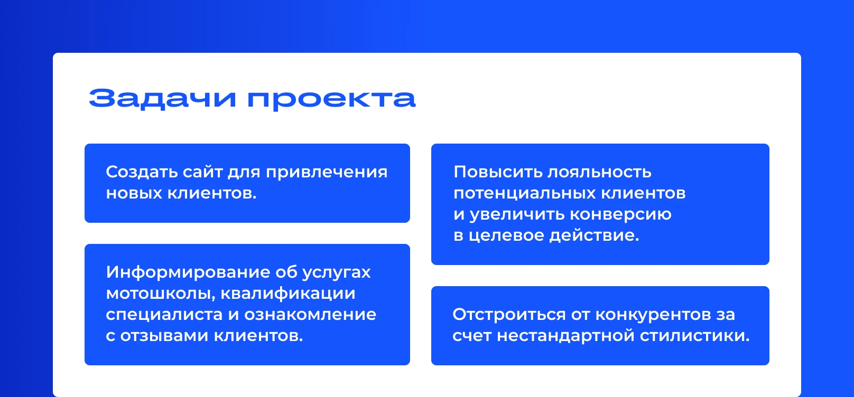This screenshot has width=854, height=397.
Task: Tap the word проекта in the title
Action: pos(331,99)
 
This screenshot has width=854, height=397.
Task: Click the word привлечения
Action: pos(327,172)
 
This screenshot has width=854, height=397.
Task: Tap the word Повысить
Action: pos(498,172)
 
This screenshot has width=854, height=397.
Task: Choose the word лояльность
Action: pos(599,172)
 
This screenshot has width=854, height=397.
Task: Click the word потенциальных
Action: pos(525,193)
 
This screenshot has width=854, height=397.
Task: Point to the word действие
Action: pos(594,235)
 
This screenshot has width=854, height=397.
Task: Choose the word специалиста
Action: pos(164,315)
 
